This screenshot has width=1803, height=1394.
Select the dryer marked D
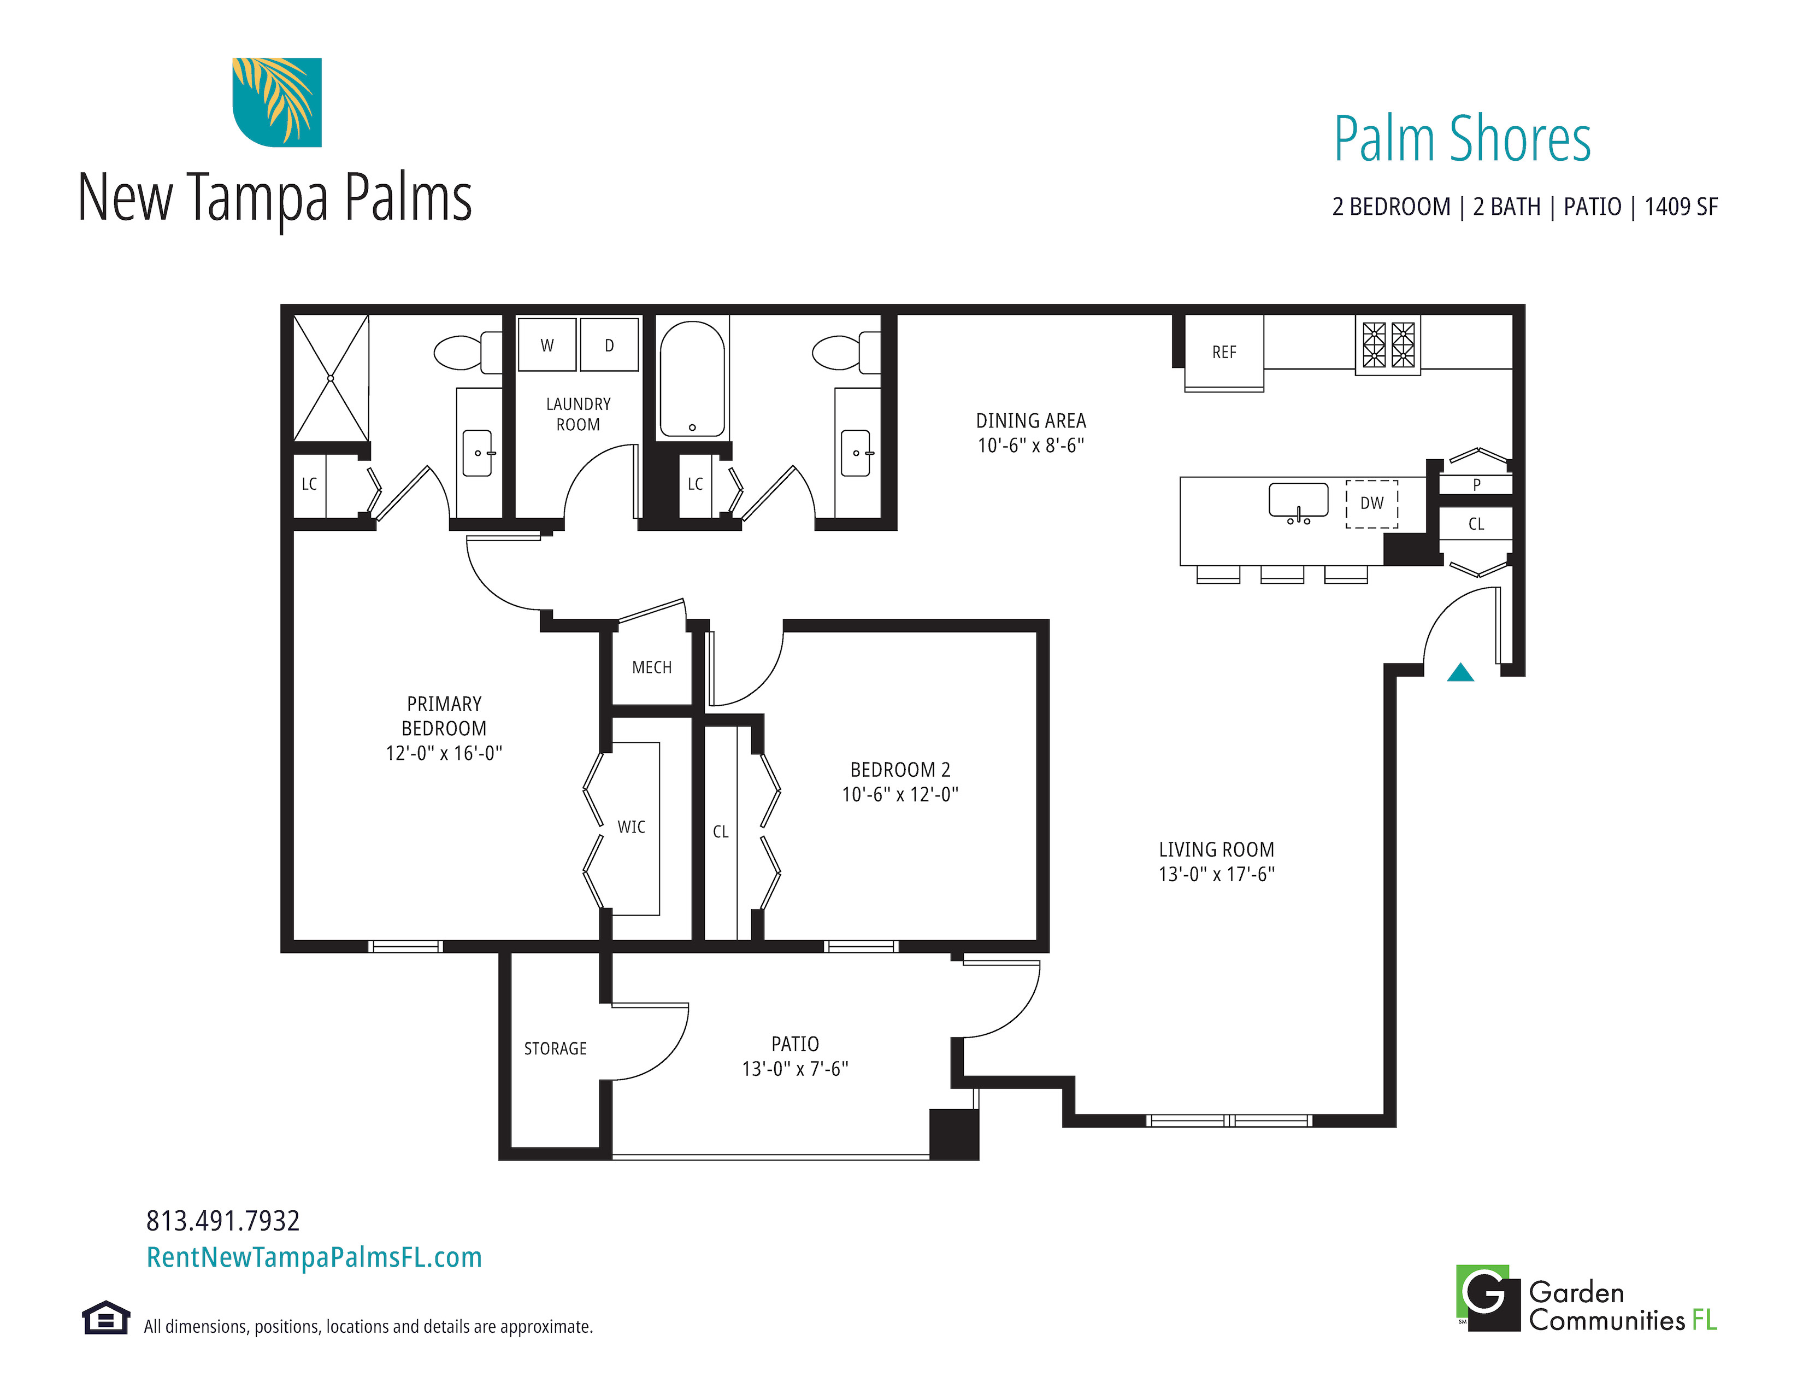[609, 345]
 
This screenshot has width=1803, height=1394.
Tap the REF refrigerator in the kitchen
[1224, 353]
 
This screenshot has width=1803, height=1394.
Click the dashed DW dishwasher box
[1372, 504]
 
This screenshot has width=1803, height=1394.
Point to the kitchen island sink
[1299, 500]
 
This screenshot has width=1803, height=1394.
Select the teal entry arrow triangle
[1460, 672]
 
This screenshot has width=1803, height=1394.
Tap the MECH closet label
[651, 667]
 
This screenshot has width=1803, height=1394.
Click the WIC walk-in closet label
[632, 827]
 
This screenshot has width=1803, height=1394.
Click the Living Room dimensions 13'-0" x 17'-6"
[1217, 875]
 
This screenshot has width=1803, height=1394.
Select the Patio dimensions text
[795, 1069]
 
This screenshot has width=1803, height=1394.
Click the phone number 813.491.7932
[223, 1221]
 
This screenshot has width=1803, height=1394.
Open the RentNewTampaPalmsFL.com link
[314, 1257]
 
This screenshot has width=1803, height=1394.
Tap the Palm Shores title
[1462, 139]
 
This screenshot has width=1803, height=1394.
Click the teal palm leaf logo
[276, 102]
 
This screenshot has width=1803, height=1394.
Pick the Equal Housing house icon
[105, 1318]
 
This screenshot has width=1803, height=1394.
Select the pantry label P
[1477, 485]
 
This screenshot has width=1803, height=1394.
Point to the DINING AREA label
[1031, 421]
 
